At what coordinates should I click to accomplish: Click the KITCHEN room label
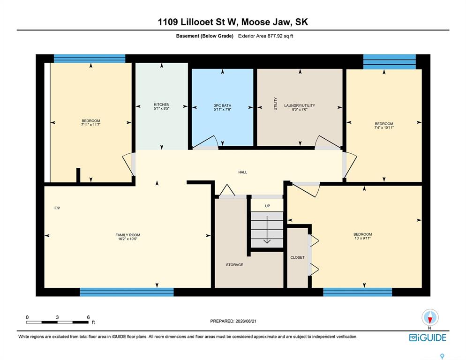pos(162,105)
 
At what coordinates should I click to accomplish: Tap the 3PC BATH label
pos(222,105)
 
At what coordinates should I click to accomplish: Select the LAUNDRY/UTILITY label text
pos(300,105)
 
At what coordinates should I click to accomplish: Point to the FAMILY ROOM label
pos(128,235)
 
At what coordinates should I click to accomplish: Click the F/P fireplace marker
pos(57,208)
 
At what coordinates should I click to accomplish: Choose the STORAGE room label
pos(234,264)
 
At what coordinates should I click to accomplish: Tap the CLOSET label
pos(298,257)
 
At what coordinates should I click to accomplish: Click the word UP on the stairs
pos(268,206)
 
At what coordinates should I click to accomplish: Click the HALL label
pos(242,172)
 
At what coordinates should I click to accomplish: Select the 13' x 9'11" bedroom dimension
pos(362,238)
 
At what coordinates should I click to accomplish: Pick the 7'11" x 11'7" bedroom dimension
pos(90,125)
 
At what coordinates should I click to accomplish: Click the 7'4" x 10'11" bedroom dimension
pos(384,127)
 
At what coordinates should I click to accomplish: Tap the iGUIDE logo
pos(428,337)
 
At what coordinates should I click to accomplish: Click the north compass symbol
pos(430,317)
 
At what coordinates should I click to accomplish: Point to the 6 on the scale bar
pos(88,317)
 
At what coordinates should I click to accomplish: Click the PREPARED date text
pos(233,321)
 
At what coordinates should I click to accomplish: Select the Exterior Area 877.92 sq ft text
pos(266,36)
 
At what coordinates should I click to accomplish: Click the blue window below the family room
pos(127,292)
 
